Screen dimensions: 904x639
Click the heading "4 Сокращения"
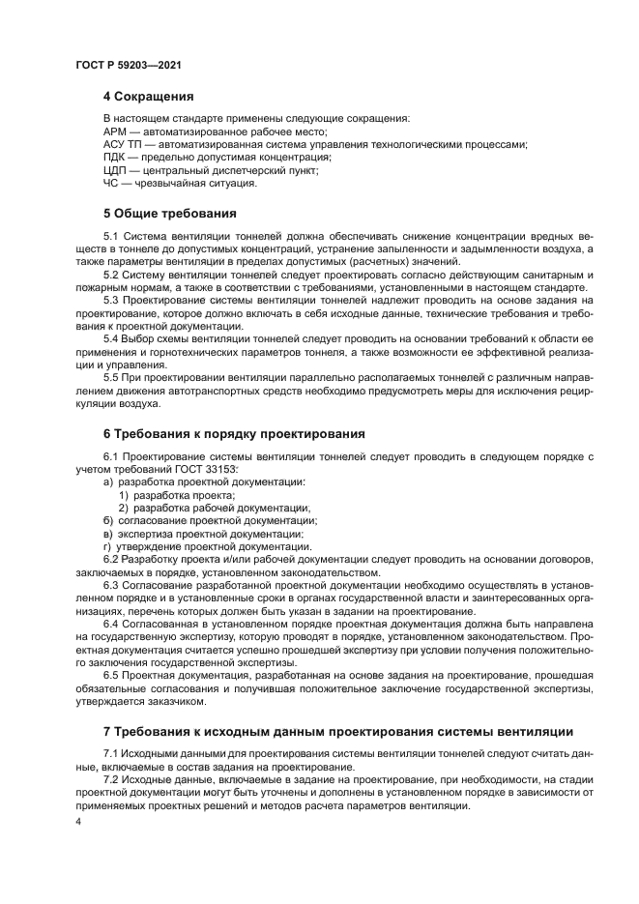coord(149,97)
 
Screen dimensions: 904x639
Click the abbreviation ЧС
coord(111,183)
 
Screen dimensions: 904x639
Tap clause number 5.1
coord(111,236)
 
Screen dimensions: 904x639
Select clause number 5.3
coord(111,300)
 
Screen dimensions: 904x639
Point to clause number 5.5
coord(111,377)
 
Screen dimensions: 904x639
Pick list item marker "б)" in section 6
coord(109,520)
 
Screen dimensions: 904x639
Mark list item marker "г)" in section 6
coord(108,545)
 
